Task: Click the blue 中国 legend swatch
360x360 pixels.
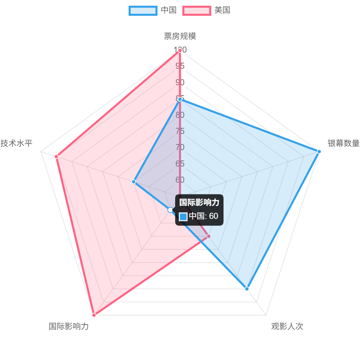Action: [x=143, y=10]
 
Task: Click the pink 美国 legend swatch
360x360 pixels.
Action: [x=197, y=10]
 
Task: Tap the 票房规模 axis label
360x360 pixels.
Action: [x=180, y=36]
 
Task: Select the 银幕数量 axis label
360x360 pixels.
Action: [x=343, y=143]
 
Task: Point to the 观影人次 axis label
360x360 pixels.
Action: [x=287, y=326]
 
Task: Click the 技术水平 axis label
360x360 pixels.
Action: [x=16, y=143]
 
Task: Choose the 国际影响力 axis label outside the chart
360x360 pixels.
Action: [x=69, y=326]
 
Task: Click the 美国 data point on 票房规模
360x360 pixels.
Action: [x=180, y=51]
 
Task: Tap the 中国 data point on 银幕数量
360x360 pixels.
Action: [x=319, y=152]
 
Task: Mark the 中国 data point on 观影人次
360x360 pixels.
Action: [x=247, y=289]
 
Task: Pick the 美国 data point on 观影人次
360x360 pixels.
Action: [x=209, y=236]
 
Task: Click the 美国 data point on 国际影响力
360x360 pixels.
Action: [x=94, y=315]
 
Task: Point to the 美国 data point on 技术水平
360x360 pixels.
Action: [x=56, y=157]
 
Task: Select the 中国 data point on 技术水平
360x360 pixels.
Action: [x=134, y=182]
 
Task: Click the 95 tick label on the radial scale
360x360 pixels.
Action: [x=180, y=66]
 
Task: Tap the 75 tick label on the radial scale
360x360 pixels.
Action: [x=180, y=131]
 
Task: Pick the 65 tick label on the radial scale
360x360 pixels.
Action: [x=180, y=164]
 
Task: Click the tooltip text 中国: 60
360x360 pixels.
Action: [x=203, y=216]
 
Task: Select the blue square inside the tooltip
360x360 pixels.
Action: [x=183, y=216]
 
